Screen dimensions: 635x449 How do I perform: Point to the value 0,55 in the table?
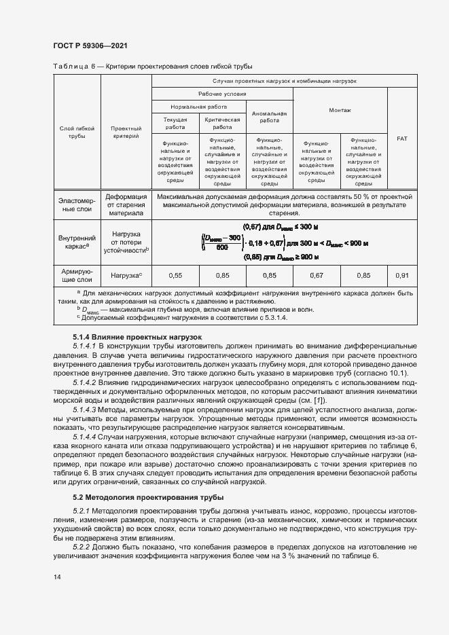[x=176, y=275]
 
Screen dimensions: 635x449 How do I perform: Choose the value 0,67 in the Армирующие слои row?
[x=316, y=275]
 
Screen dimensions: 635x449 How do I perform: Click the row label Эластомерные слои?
[x=76, y=204]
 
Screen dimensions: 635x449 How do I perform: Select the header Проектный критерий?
[x=126, y=132]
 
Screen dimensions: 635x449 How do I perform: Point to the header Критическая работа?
[x=222, y=122]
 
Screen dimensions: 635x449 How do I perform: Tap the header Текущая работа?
[x=175, y=122]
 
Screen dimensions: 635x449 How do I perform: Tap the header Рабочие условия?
[x=222, y=94]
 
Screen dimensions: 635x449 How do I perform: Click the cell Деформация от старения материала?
[x=126, y=204]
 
